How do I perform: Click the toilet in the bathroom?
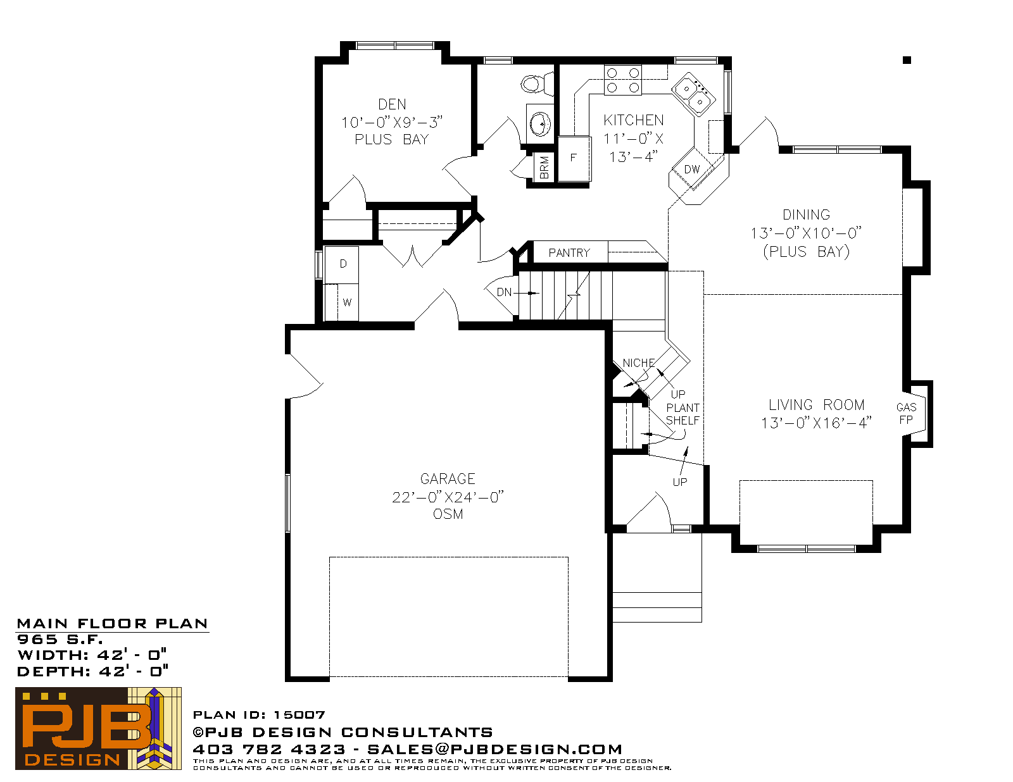pyautogui.click(x=536, y=84)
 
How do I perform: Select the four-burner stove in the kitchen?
pyautogui.click(x=623, y=80)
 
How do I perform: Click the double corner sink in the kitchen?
pyautogui.click(x=693, y=94)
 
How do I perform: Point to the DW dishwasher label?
pyautogui.click(x=692, y=170)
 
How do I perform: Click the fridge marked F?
pyautogui.click(x=574, y=158)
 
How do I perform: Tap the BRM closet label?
pyautogui.click(x=544, y=167)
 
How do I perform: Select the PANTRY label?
pyautogui.click(x=569, y=253)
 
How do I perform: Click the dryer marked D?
pyautogui.click(x=342, y=264)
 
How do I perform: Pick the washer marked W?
pyautogui.click(x=348, y=302)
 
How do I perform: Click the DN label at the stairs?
pyautogui.click(x=504, y=292)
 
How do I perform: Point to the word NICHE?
pyautogui.click(x=639, y=363)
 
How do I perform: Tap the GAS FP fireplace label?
pyautogui.click(x=906, y=414)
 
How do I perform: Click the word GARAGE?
pyautogui.click(x=448, y=479)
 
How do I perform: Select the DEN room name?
pyautogui.click(x=392, y=104)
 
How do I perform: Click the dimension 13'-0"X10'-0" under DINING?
pyautogui.click(x=806, y=233)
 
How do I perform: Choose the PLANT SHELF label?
pyautogui.click(x=683, y=414)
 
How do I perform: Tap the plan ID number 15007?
pyautogui.click(x=299, y=715)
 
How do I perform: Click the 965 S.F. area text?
pyautogui.click(x=60, y=639)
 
